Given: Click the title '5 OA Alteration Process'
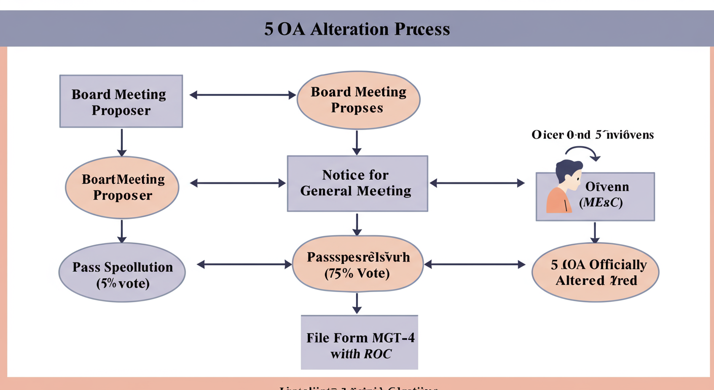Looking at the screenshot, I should tap(356, 29).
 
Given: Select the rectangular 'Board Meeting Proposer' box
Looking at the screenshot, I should tap(121, 102).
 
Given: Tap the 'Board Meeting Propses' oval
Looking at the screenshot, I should tap(358, 100).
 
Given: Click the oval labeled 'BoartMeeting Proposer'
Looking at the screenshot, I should tap(122, 187).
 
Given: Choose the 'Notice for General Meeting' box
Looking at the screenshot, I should tap(357, 183).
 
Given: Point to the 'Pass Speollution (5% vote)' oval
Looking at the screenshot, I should tap(122, 275).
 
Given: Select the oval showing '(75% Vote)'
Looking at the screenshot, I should tap(358, 265).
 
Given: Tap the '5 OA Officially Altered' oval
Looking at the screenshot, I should tap(595, 272).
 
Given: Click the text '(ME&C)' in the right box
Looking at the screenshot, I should tap(600, 203).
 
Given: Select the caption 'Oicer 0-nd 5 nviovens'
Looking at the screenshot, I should tap(592, 135).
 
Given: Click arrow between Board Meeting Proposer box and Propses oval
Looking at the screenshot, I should tap(242, 95).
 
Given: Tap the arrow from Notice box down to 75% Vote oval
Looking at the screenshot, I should tap(357, 224).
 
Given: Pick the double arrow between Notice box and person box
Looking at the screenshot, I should tap(477, 183).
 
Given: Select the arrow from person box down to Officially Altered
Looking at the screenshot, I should tap(595, 233).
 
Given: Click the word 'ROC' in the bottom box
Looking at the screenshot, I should tap(377, 354).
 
